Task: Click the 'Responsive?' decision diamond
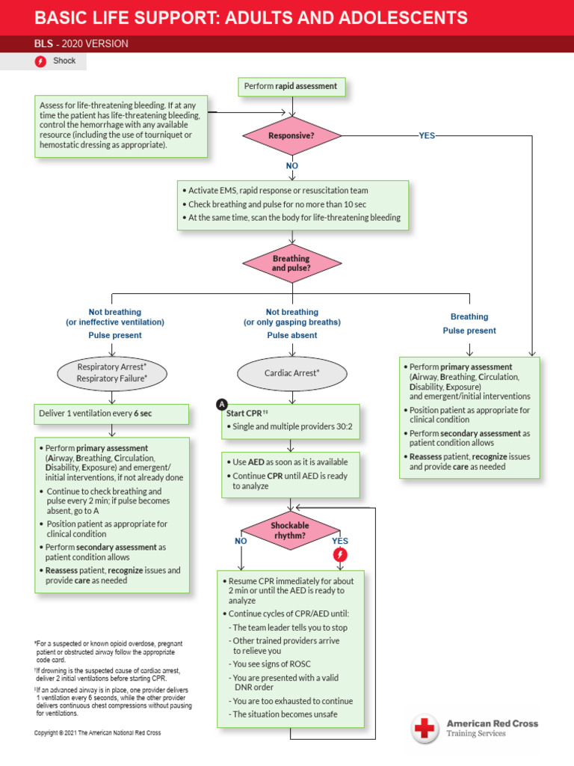(x=291, y=136)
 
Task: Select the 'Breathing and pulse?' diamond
(x=291, y=263)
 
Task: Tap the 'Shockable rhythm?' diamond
(x=290, y=530)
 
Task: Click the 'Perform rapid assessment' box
(x=291, y=87)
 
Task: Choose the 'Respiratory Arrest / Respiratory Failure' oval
(x=112, y=373)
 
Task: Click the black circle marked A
(x=221, y=405)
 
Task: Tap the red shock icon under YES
(x=340, y=554)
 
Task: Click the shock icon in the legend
(x=41, y=61)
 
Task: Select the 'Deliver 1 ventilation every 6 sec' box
(x=112, y=413)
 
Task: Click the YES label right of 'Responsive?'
(x=427, y=136)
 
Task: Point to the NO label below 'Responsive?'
(x=291, y=165)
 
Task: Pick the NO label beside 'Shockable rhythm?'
(x=241, y=541)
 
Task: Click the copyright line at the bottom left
(x=98, y=733)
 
